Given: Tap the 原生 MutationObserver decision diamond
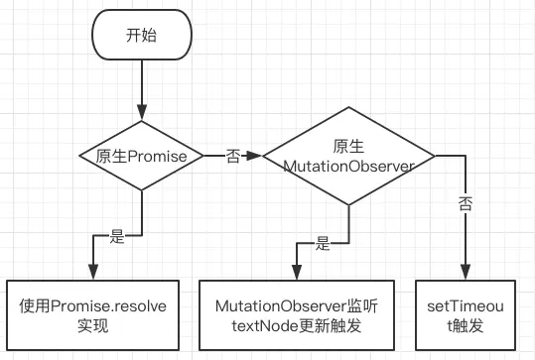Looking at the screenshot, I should tap(347, 156).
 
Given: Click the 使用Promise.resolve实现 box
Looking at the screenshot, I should tap(92, 315).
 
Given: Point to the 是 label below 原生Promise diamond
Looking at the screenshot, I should tap(116, 236).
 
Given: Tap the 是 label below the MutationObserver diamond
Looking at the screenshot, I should tap(322, 242).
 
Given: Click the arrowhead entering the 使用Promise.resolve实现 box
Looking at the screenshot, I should tap(92, 275).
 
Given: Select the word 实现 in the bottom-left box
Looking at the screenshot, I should tap(92, 325).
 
